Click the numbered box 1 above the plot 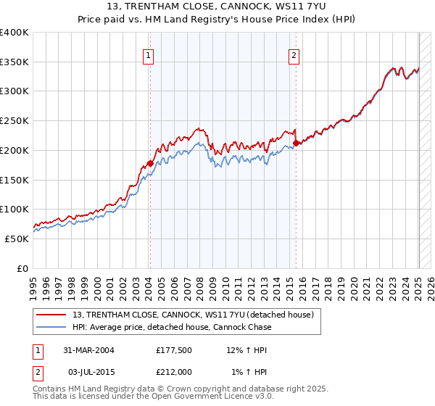[148, 55]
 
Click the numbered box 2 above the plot [294, 55]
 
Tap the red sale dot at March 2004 [150, 164]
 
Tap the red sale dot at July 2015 [297, 144]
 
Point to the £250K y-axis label [14, 121]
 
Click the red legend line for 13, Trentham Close [52, 315]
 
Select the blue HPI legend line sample [52, 327]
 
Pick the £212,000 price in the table [174, 372]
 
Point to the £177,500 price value [174, 350]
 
